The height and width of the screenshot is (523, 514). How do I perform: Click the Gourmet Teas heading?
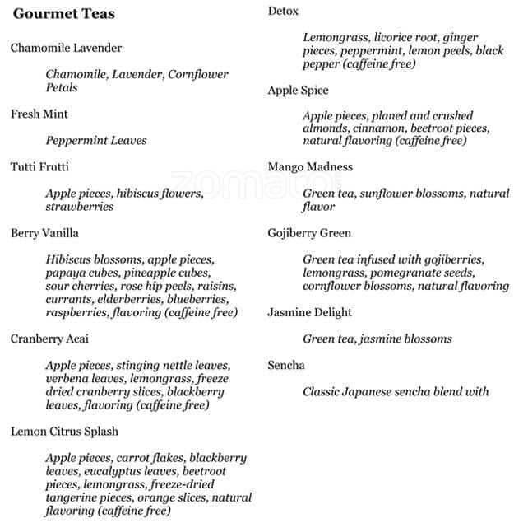tap(64, 14)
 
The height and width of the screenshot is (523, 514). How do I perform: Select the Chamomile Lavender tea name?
tap(66, 48)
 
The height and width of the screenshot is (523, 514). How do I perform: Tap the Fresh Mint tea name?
tap(39, 114)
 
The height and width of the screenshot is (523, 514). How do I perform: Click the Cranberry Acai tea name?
tap(50, 339)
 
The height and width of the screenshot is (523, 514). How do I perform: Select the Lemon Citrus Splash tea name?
tap(64, 431)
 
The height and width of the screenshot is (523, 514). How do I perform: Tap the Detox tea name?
tap(283, 11)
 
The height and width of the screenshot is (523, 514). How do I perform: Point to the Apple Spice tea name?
tap(298, 90)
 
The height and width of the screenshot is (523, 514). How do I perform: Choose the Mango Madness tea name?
tap(310, 166)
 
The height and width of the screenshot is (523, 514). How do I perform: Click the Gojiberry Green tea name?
tap(309, 233)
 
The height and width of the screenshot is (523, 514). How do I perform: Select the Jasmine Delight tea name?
tap(309, 312)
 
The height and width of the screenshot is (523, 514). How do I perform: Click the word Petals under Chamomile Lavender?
tap(62, 87)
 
